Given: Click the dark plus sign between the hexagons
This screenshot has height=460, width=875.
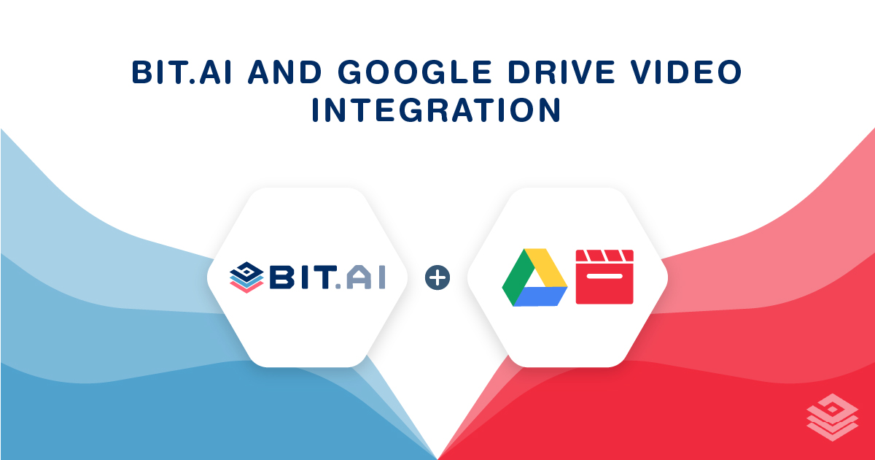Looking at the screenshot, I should pyautogui.click(x=437, y=277).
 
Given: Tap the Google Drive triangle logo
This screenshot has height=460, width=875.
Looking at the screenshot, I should pyautogui.click(x=534, y=277).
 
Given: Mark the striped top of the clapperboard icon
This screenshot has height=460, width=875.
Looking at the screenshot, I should pyautogui.click(x=604, y=256).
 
